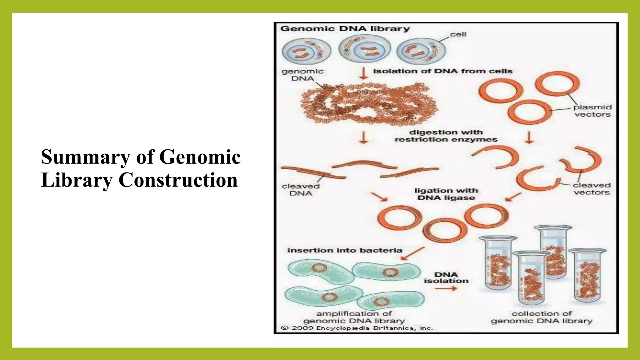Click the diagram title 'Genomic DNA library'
tap(345, 29)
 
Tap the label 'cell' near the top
tap(458, 34)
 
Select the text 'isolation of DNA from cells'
tap(442, 71)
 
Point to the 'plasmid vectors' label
tap(592, 111)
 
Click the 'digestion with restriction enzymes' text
tap(446, 136)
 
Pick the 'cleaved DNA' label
tap(301, 190)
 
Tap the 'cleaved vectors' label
tap(592, 189)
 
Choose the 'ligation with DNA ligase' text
tap(446, 194)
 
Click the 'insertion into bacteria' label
tap(345, 250)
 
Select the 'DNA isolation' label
tap(446, 277)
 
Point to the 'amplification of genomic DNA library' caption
tap(354, 317)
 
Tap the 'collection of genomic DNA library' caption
tap(542, 317)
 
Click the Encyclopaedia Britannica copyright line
tap(357, 328)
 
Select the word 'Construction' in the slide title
tap(178, 180)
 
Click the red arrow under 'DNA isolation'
tap(446, 288)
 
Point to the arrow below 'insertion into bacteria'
tap(412, 253)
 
